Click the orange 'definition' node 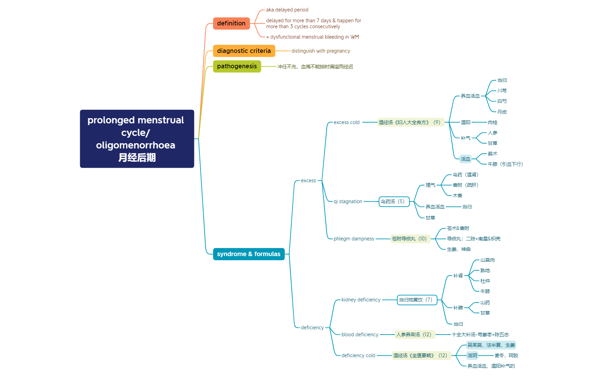(231, 23)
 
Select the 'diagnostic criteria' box (244, 51)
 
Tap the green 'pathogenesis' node (237, 66)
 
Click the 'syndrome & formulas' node (249, 254)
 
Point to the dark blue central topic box (137, 139)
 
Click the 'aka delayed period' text (287, 10)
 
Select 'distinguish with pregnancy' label (320, 51)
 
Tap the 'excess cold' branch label (347, 122)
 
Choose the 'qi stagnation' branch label (348, 201)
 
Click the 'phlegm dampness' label (353, 239)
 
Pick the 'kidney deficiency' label (361, 300)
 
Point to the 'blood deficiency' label (360, 335)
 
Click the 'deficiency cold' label (358, 355)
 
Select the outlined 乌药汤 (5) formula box (394, 201)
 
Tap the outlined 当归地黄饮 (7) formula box (417, 300)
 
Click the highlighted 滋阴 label (472, 355)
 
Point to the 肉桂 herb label (492, 122)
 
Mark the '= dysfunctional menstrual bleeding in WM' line (312, 37)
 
